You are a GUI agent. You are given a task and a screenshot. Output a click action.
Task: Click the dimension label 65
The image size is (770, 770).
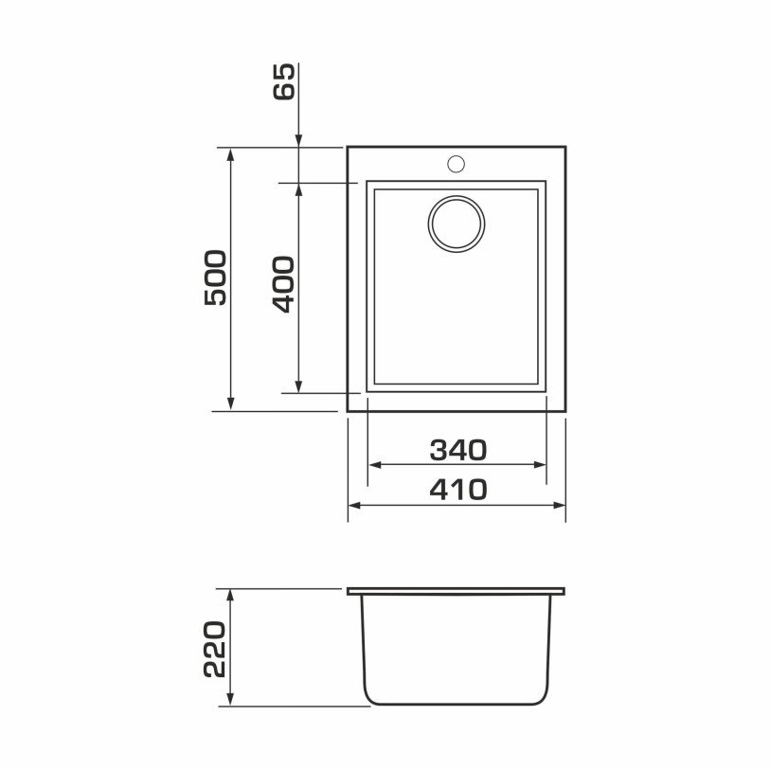pyautogui.click(x=284, y=81)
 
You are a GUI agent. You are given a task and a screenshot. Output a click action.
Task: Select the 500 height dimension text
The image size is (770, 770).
pyautogui.click(x=216, y=278)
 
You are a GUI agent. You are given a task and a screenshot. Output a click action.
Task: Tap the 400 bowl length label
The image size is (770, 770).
pyautogui.click(x=283, y=284)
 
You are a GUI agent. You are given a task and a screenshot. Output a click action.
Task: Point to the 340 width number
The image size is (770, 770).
pyautogui.click(x=458, y=450)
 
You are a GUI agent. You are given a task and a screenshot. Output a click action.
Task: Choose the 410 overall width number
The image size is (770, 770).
pyautogui.click(x=458, y=490)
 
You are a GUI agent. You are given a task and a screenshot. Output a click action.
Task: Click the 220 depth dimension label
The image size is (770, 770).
pyautogui.click(x=215, y=649)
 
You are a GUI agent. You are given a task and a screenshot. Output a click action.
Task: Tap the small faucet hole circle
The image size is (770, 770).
pyautogui.click(x=457, y=164)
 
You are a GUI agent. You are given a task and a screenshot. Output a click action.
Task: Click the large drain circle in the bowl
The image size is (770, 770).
pyautogui.click(x=457, y=224)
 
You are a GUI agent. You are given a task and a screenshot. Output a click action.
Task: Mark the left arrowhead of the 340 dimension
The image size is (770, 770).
pyautogui.click(x=375, y=464)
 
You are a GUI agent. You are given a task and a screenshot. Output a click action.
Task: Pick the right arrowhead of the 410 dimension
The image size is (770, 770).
pyautogui.click(x=560, y=505)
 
